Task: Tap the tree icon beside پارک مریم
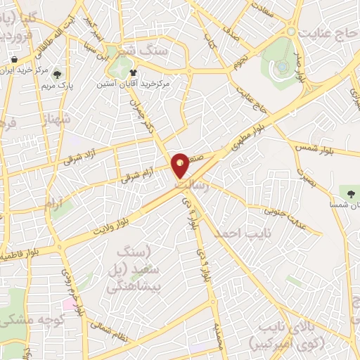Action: pos(57,73)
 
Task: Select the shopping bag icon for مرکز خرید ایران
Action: pos(15,60)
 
